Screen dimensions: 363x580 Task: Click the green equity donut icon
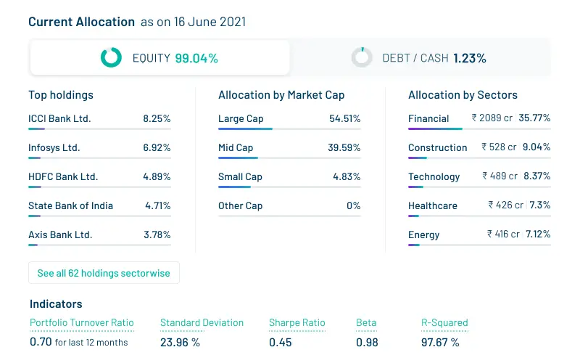click(111, 57)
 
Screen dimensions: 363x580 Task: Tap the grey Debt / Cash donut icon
click(361, 57)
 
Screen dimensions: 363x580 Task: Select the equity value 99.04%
click(196, 58)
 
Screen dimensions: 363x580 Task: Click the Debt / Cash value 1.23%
click(470, 58)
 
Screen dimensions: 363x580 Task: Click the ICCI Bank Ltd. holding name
click(59, 118)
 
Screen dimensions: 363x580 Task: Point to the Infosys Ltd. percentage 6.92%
click(157, 147)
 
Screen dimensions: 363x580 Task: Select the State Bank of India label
click(70, 205)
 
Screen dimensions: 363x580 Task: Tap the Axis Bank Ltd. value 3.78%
click(157, 234)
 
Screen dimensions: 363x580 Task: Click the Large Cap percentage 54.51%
click(344, 118)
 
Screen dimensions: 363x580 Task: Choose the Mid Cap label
click(236, 147)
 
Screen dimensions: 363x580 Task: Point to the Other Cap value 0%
click(353, 205)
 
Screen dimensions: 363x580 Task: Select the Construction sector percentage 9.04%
click(536, 147)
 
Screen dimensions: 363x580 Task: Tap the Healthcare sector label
click(433, 205)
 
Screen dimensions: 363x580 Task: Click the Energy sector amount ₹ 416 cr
click(503, 234)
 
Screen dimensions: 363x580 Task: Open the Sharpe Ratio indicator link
click(297, 323)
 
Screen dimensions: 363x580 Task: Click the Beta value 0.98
click(366, 342)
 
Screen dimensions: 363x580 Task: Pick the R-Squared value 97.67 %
click(440, 342)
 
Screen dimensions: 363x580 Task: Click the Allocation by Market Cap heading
click(281, 95)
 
